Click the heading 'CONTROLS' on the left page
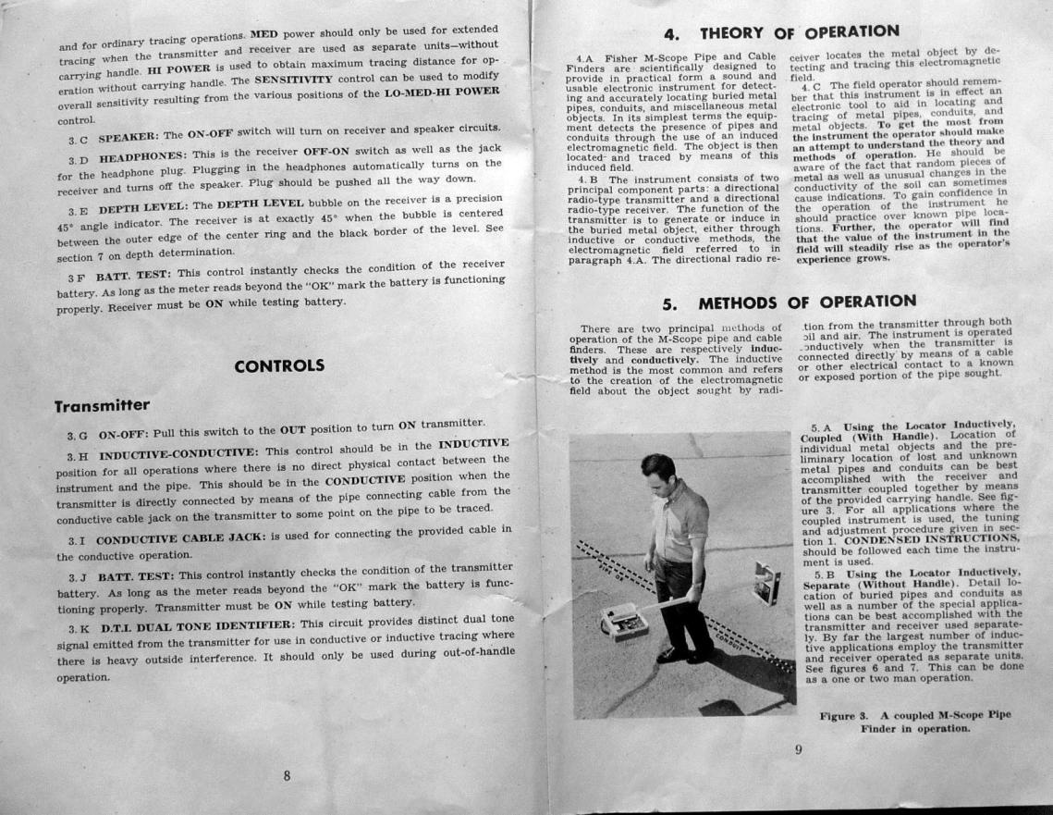tap(279, 365)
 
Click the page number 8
tap(287, 775)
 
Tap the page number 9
tap(797, 750)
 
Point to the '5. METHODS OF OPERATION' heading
tap(789, 302)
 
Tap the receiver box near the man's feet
tap(624, 619)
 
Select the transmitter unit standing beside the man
tap(766, 582)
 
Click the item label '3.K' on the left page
tap(79, 627)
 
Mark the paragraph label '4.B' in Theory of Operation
tap(588, 179)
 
